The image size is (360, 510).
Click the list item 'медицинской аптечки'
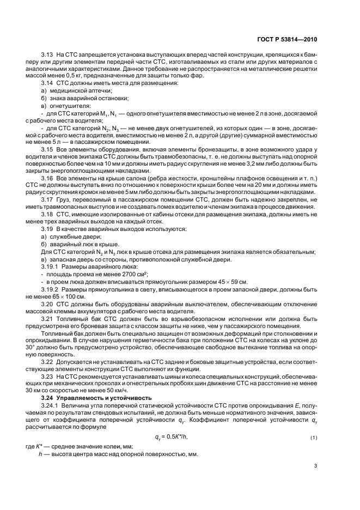tap(73, 90)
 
